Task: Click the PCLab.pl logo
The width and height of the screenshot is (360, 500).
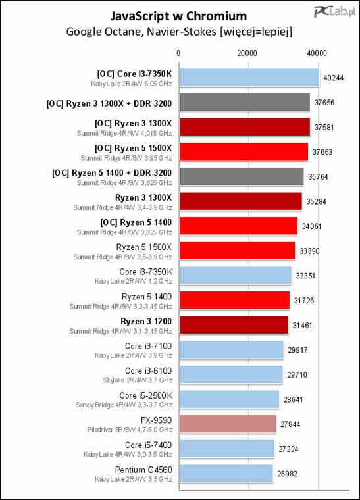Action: tap(334, 12)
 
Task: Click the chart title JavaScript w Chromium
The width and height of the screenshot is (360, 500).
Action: tap(178, 16)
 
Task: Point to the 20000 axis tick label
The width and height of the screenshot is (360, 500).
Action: tap(247, 53)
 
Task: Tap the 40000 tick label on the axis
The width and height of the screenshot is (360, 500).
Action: tap(317, 53)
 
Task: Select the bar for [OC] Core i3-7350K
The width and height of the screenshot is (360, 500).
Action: tap(249, 78)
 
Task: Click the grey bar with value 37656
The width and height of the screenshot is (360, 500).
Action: tap(245, 103)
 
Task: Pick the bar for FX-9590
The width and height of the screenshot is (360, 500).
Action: tap(228, 424)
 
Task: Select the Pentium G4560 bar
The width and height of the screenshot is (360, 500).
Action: tap(226, 474)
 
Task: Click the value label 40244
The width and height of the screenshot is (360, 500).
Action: tap(334, 78)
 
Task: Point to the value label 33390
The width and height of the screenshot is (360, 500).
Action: tap(309, 251)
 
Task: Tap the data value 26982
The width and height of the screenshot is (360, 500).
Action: tap(288, 474)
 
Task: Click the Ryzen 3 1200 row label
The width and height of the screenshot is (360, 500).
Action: tap(146, 322)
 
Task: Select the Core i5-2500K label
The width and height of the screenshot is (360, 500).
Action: tap(145, 396)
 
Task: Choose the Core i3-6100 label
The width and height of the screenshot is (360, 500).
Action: tap(148, 371)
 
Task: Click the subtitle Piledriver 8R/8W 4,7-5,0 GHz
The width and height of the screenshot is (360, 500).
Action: tap(130, 430)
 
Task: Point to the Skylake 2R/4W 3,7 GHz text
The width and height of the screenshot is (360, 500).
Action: tap(138, 380)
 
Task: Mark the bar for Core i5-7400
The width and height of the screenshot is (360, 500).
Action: tap(227, 449)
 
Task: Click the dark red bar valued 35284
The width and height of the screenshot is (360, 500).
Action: tap(241, 201)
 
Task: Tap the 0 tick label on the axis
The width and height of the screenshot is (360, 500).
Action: tap(178, 53)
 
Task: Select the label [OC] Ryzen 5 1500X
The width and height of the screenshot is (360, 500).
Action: tap(134, 148)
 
